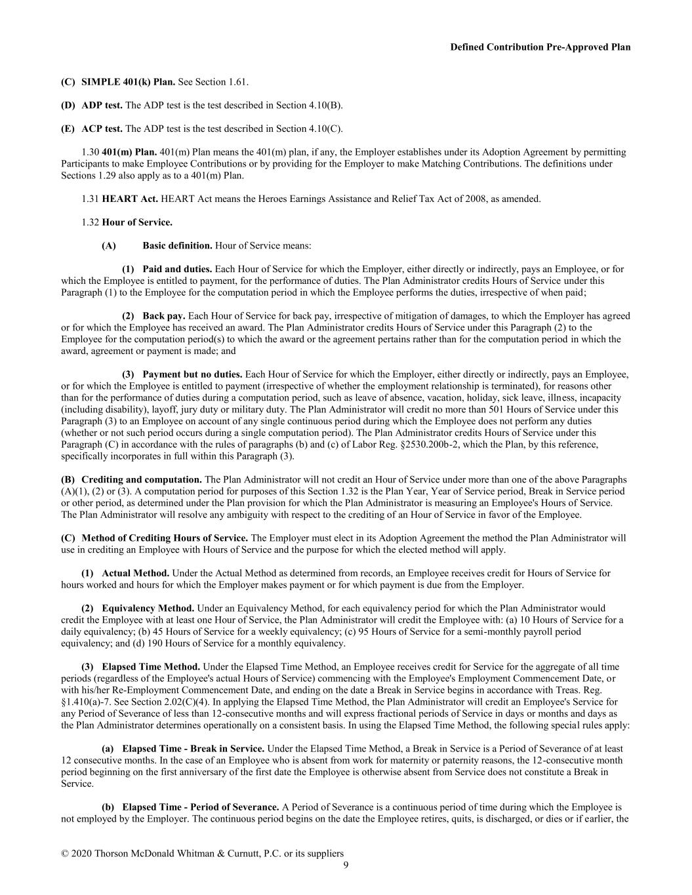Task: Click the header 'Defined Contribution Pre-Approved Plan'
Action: (540, 47)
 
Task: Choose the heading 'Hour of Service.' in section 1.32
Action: (137, 222)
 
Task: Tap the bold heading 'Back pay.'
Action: (164, 316)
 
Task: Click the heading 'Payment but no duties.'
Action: (192, 374)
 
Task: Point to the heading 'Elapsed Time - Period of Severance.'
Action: (201, 807)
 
